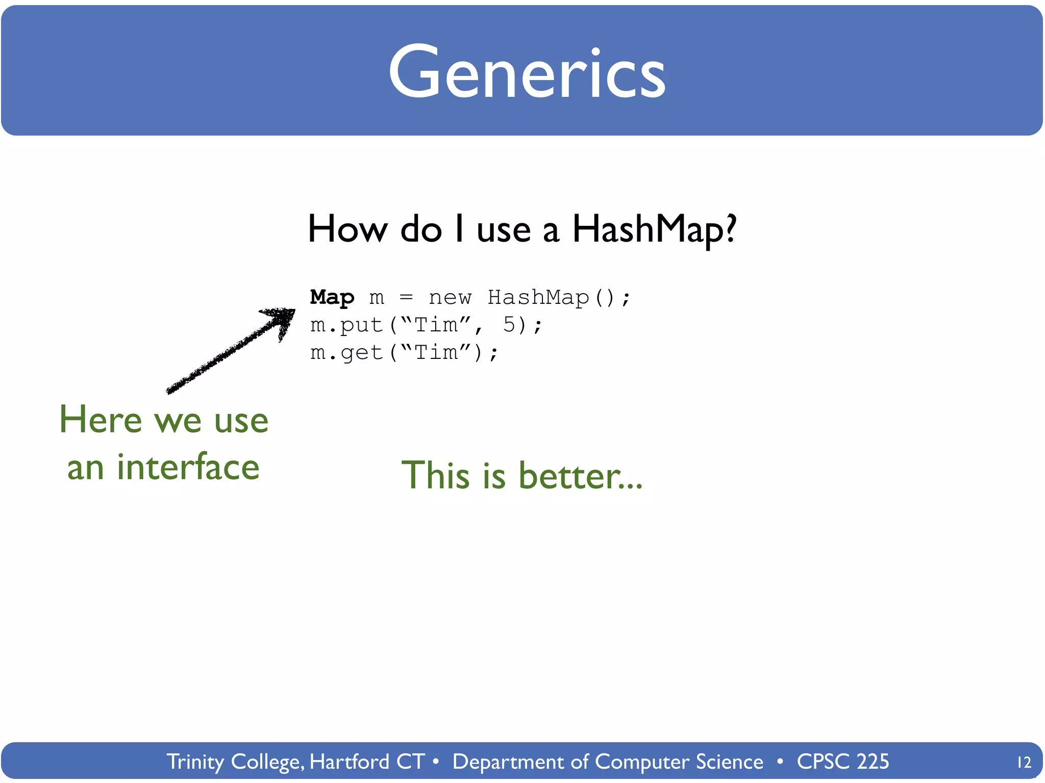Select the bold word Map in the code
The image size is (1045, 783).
click(332, 297)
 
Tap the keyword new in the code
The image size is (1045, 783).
click(450, 298)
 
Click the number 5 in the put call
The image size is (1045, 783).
click(509, 325)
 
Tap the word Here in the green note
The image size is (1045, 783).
click(101, 420)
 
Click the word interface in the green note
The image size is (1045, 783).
click(188, 467)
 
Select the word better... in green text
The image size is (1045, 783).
click(580, 475)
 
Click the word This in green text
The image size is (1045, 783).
click(435, 475)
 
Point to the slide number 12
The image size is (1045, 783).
click(1024, 762)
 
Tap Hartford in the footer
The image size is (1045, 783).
click(350, 762)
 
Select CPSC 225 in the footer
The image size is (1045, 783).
click(842, 762)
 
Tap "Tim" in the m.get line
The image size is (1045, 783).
click(435, 353)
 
